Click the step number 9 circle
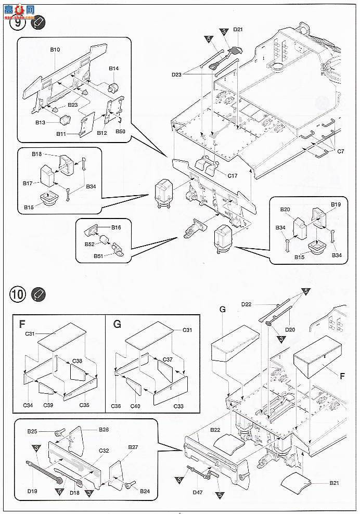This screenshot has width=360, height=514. click(18, 23)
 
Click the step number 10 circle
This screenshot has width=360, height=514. click(17, 294)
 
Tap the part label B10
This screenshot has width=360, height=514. click(55, 50)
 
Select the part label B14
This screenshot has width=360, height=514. click(114, 69)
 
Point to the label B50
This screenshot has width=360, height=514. click(120, 131)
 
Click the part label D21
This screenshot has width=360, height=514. click(238, 30)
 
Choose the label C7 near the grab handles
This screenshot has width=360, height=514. click(341, 151)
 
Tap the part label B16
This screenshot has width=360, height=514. click(116, 227)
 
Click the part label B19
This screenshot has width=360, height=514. click(336, 205)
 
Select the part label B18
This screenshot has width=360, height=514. click(36, 155)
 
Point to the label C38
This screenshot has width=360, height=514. click(78, 361)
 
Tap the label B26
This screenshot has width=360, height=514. click(104, 430)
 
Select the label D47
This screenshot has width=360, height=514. click(197, 492)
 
